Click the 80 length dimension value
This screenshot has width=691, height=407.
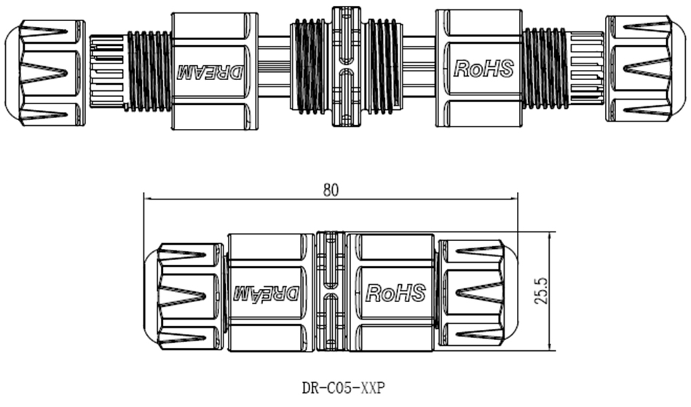tap(331, 190)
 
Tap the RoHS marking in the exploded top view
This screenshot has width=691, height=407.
tap(483, 68)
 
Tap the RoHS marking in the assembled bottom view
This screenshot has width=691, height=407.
tap(395, 293)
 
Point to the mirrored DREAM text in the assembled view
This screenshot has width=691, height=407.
tap(266, 293)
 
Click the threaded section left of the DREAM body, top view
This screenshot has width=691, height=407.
tap(149, 70)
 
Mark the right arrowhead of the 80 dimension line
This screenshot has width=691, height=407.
tap(515, 198)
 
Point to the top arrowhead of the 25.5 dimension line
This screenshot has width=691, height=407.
tap(548, 235)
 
